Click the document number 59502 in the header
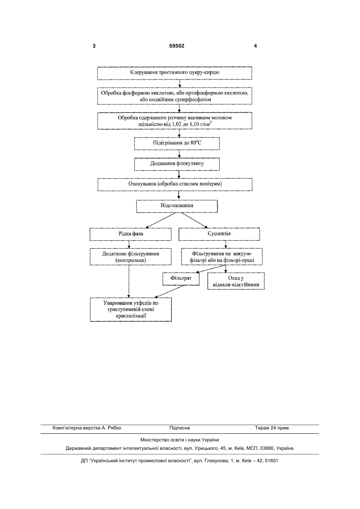pyautogui.click(x=177, y=46)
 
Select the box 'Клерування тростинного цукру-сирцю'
pyautogui.click(x=175, y=73)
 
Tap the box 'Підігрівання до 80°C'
pyautogui.click(x=177, y=144)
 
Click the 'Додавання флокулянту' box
pyautogui.click(x=177, y=164)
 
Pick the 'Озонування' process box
pyautogui.click(x=175, y=184)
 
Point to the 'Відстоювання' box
pyautogui.click(x=177, y=206)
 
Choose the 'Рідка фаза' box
pyautogui.click(x=131, y=234)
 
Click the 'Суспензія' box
pyautogui.click(x=219, y=234)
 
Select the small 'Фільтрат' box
pyautogui.click(x=181, y=279)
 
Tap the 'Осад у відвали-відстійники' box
pyautogui.click(x=236, y=281)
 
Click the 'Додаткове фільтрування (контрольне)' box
pyautogui.click(x=131, y=257)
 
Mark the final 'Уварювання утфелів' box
pyautogui.click(x=131, y=309)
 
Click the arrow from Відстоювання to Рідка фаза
pyautogui.click(x=161, y=220)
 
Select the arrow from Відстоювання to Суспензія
pyautogui.click(x=195, y=220)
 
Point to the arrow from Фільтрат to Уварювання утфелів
pyautogui.click(x=169, y=291)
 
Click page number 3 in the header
pyautogui.click(x=94, y=46)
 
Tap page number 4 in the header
pyautogui.click(x=255, y=46)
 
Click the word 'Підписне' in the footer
pyautogui.click(x=180, y=428)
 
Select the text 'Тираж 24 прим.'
pyautogui.click(x=272, y=428)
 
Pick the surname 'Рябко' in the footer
pyautogui.click(x=115, y=428)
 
